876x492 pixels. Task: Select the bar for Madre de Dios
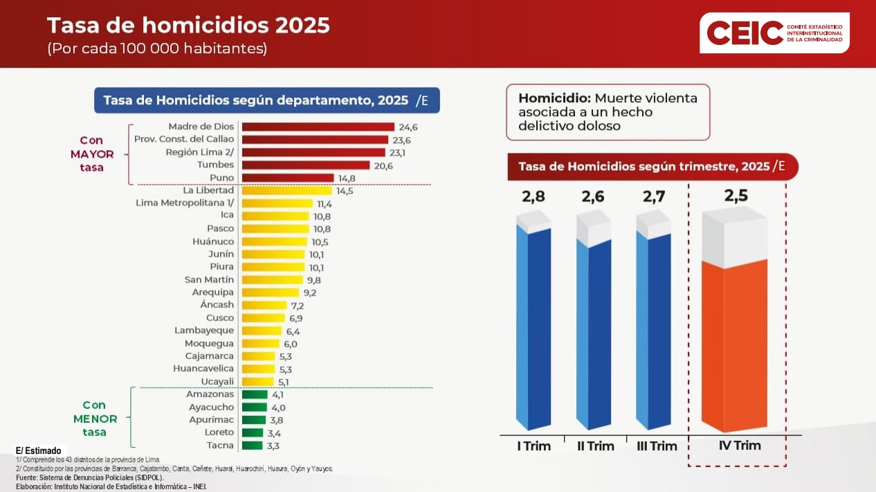tap(318, 127)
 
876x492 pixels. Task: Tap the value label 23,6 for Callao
tap(401, 140)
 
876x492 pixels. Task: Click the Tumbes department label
tap(216, 165)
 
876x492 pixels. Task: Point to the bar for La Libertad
tap(286, 190)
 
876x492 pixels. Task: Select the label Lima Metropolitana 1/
tap(185, 203)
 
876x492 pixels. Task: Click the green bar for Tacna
tap(252, 446)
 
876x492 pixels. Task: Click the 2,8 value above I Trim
tap(533, 197)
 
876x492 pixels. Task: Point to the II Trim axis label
tap(595, 446)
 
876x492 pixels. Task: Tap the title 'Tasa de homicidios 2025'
tap(188, 26)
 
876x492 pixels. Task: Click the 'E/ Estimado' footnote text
tap(38, 450)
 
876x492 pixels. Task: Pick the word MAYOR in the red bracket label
tap(91, 154)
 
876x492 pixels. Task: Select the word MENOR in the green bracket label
tap(95, 419)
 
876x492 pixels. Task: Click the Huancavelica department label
tap(203, 369)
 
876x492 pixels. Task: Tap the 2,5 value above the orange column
tap(736, 196)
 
